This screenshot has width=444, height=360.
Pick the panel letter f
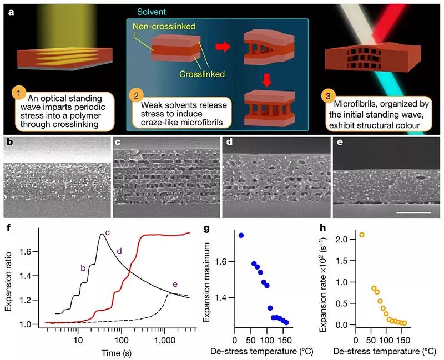8,227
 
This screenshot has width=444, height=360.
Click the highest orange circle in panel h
362,235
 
